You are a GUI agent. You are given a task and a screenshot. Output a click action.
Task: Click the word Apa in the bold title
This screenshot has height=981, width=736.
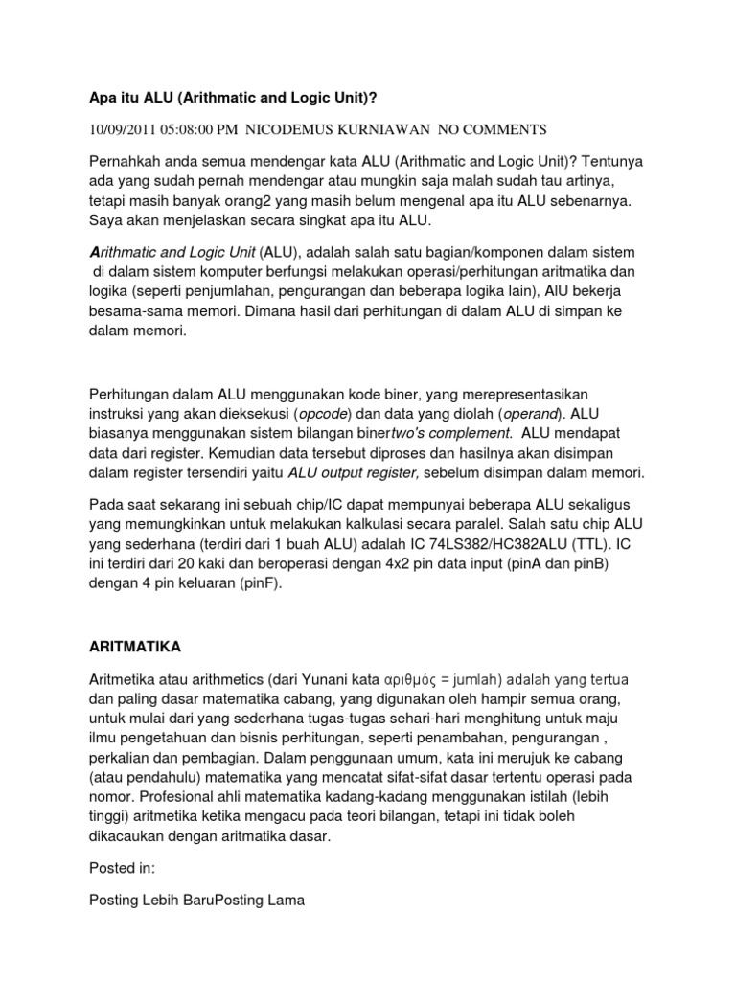click(x=102, y=97)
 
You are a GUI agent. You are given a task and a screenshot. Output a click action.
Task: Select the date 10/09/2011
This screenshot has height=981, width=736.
click(x=122, y=128)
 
